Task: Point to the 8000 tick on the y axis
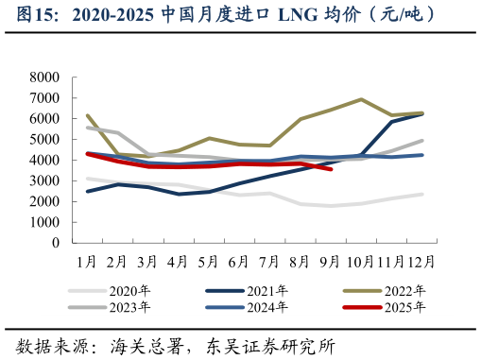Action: (44, 77)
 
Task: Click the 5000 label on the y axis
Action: (44, 139)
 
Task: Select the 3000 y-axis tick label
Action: (44, 180)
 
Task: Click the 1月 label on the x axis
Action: (87, 259)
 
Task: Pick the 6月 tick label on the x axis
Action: (239, 259)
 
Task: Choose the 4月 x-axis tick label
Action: (178, 259)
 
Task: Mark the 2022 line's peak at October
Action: (361, 99)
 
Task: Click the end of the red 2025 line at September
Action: (331, 169)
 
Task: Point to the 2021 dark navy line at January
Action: (88, 191)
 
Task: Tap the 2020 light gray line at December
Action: (421, 194)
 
